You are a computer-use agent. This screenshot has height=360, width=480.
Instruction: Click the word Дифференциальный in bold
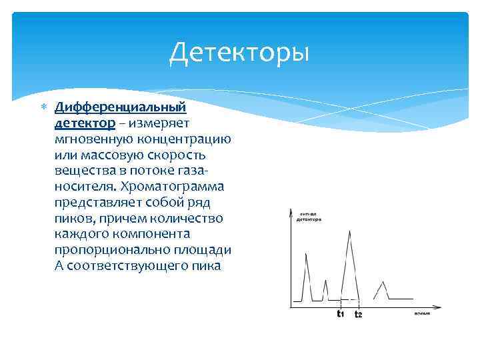(120, 107)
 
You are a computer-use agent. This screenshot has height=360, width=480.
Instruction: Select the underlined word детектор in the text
(85, 123)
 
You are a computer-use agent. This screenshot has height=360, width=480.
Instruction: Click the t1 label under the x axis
(340, 313)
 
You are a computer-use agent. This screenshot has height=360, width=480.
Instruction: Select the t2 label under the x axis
(359, 314)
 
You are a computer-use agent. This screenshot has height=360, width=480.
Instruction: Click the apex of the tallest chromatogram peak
(350, 231)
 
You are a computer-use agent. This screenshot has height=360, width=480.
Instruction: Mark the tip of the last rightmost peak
(383, 282)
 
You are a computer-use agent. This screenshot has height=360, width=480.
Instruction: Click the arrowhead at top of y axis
(291, 211)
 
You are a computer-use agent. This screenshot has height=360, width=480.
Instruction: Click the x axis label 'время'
(421, 313)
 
